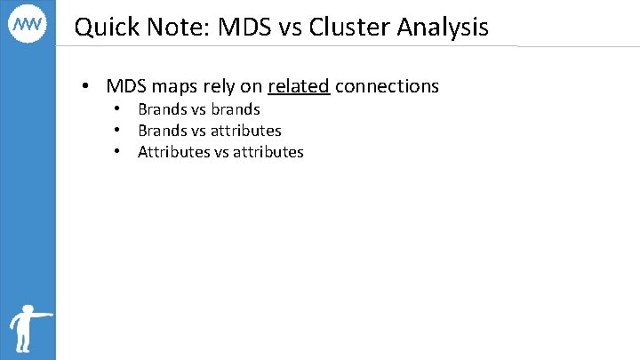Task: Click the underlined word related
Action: coord(299,86)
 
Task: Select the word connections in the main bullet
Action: coord(387,86)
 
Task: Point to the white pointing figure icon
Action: coord(27,329)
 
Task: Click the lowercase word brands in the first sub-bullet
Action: coord(236,109)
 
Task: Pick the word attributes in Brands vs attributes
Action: coord(246,131)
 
